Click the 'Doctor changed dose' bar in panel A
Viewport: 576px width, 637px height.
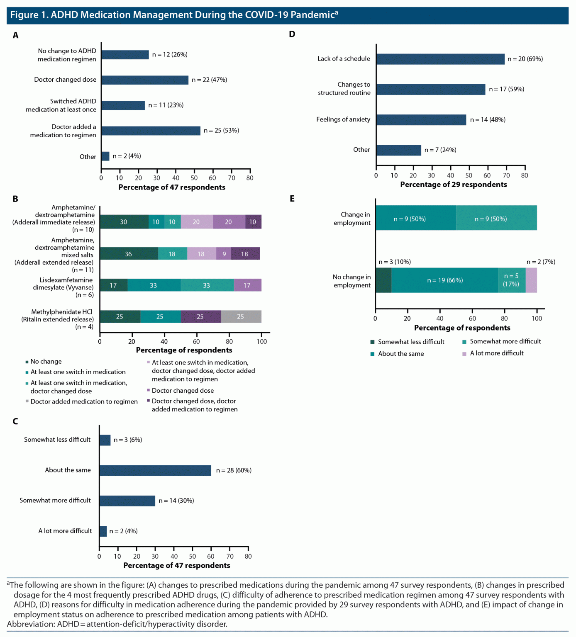tap(145, 80)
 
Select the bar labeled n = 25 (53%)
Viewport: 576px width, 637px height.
tap(151, 131)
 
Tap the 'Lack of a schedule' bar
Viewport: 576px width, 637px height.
tap(440, 59)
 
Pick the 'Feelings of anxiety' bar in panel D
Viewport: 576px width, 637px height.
tap(421, 120)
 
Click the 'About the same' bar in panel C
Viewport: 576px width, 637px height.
tap(155, 470)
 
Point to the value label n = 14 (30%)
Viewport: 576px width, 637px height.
tap(176, 501)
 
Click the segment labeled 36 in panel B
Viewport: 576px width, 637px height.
tap(129, 254)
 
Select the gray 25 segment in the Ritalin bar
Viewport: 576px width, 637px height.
tap(241, 316)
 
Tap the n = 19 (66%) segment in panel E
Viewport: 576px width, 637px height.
tap(444, 280)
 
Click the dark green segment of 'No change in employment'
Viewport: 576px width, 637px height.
tap(383, 280)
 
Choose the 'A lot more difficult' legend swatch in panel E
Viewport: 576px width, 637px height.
tap(464, 354)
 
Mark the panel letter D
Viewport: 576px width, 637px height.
tap(292, 34)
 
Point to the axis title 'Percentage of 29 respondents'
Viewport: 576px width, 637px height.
tap(454, 185)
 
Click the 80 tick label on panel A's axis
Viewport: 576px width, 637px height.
tap(249, 178)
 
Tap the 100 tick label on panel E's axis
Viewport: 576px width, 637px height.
tap(537, 318)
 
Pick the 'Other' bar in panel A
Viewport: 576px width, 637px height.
tap(105, 156)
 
